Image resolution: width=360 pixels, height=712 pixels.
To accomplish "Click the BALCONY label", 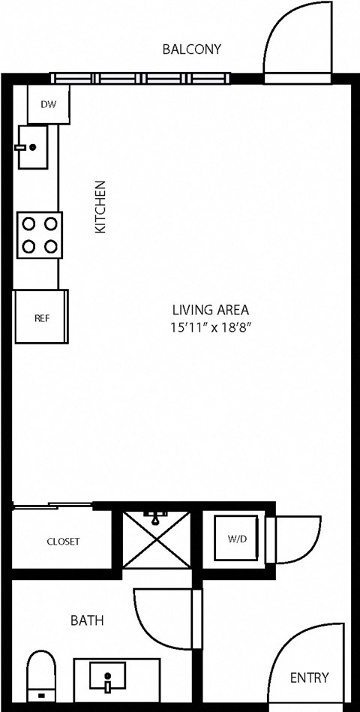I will [192, 50].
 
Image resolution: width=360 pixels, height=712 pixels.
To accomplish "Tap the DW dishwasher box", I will [48, 104].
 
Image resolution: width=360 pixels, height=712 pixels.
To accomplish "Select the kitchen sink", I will [32, 147].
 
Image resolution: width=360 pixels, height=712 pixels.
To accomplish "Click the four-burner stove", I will [39, 235].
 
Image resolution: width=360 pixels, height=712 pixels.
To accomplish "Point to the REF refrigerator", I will [42, 317].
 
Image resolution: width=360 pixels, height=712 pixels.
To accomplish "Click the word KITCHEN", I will [100, 206].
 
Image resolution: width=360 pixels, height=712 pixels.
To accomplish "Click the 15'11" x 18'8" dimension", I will [210, 327].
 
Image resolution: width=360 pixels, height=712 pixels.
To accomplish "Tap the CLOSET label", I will [63, 541].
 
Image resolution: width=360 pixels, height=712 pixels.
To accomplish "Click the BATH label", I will [87, 620].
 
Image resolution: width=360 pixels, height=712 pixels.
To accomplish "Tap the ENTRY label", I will [309, 677].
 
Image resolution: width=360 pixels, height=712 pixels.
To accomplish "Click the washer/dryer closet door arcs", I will [296, 536].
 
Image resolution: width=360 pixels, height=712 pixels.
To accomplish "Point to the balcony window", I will [140, 77].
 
